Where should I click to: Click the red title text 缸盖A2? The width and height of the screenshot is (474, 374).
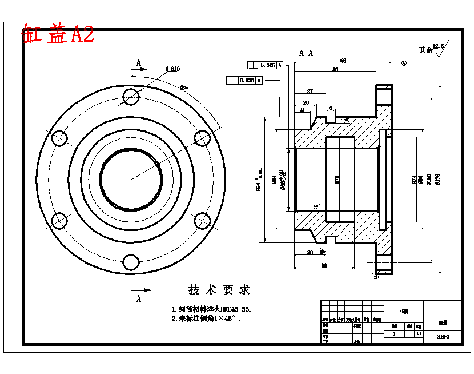pos(57,35)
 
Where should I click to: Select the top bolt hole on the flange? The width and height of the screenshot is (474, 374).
pos(131,97)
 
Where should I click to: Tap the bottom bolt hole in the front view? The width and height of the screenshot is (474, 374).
pos(131,262)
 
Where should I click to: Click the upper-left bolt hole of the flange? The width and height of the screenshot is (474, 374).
pos(59,138)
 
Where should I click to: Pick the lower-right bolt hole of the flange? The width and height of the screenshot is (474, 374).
pos(202,221)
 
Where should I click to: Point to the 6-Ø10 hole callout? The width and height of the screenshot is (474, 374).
pos(172,69)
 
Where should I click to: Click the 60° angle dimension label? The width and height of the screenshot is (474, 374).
pos(184,87)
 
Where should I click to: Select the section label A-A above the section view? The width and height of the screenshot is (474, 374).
pos(306,53)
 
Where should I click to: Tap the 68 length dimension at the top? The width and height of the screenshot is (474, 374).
pos(343,61)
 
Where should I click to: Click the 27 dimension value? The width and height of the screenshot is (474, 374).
pos(310,91)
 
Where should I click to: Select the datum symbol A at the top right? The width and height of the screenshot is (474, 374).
pos(403,63)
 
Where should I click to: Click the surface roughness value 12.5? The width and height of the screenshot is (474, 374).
pos(437,46)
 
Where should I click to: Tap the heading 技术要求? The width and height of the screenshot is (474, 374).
pos(219,290)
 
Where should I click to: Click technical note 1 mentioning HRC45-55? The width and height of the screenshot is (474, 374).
pos(211,309)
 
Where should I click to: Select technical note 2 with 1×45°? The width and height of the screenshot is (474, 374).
pos(206,319)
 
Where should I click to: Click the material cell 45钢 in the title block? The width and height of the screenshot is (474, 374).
pos(404,311)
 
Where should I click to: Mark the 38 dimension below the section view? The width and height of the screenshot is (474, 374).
pos(323,265)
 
